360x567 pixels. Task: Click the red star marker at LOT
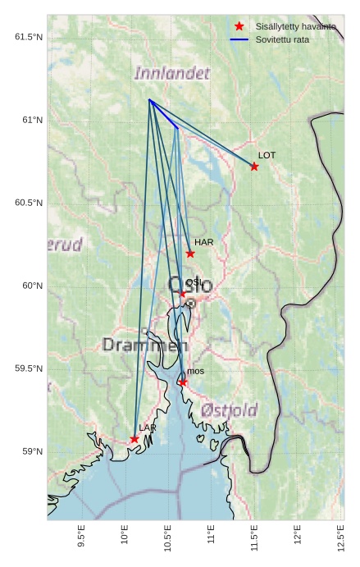point(254,167)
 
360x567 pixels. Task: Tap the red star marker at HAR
point(190,254)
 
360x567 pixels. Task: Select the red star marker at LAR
point(134,439)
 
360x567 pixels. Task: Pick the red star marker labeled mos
point(182,382)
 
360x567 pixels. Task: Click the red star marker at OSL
point(182,293)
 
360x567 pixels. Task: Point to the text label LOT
point(267,155)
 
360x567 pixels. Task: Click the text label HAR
point(203,243)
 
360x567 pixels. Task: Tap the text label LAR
point(148,428)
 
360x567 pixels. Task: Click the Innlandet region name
point(171,73)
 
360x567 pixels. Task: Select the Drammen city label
point(144,345)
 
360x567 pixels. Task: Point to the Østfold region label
point(229,409)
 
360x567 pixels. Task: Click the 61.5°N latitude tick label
point(28,37)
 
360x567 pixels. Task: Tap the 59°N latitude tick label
point(31,451)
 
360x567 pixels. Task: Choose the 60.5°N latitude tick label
point(28,203)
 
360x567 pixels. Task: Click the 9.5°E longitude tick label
point(80,534)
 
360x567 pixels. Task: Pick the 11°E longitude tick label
point(211,534)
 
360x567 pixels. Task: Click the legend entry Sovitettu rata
point(282,39)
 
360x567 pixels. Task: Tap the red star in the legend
point(239,26)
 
